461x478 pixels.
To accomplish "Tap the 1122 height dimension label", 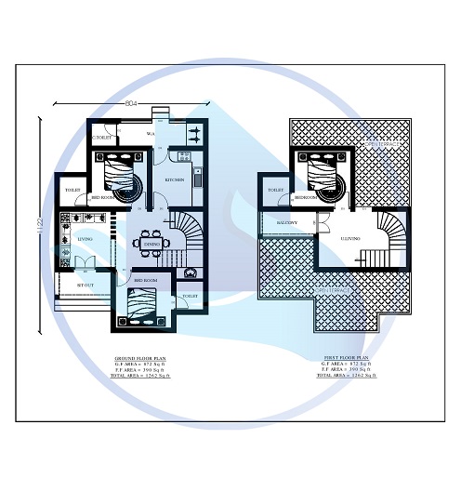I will (40, 224).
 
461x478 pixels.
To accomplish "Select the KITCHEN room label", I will (175, 179).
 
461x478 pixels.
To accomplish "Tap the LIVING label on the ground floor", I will (86, 240).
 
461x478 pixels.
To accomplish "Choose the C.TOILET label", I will (103, 138).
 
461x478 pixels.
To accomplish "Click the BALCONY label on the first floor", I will (286, 223).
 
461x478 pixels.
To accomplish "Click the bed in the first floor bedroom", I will (321, 172).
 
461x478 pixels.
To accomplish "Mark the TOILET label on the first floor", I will (275, 191).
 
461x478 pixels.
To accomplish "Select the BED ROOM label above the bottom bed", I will (145, 279).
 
